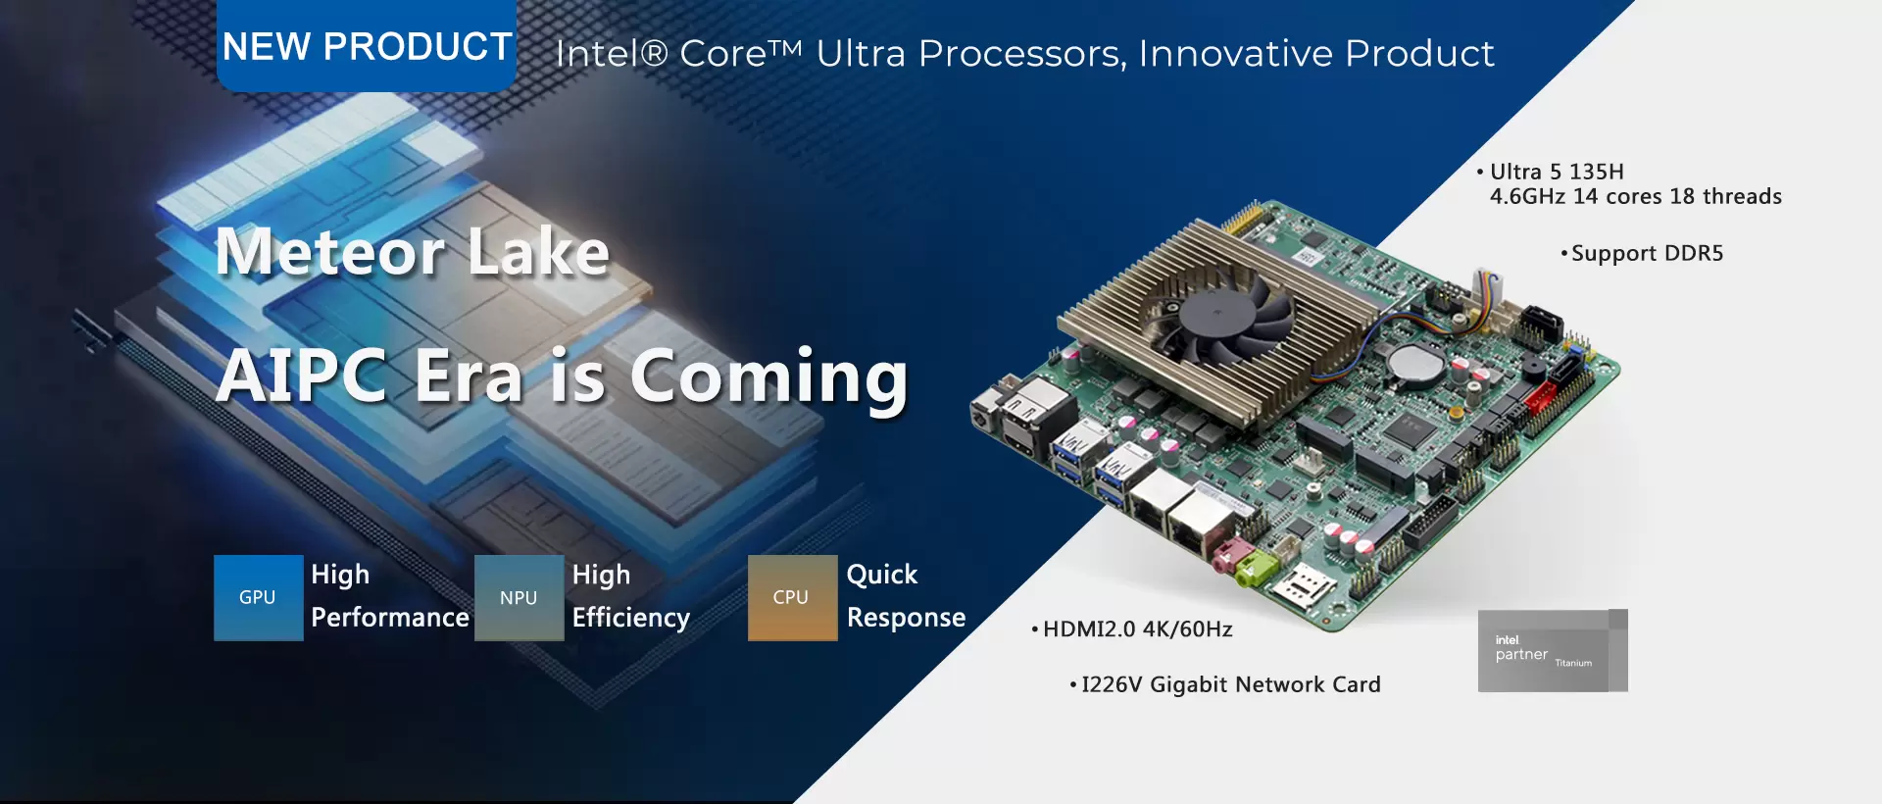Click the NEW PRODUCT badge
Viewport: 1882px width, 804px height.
(x=367, y=46)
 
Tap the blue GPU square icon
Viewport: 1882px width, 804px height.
(x=259, y=598)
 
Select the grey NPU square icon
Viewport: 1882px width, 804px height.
(x=520, y=598)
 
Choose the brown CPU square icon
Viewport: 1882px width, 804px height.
(x=792, y=598)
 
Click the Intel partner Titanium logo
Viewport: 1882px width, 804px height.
(x=1553, y=651)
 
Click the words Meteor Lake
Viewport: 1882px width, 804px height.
(x=412, y=252)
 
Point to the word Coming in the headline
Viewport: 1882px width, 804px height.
(x=768, y=377)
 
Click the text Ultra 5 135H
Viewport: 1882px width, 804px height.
(x=1557, y=172)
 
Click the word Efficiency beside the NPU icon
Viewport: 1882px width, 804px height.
(x=631, y=618)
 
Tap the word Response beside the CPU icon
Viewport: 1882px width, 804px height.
(x=906, y=618)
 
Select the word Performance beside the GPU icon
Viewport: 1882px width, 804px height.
(x=390, y=618)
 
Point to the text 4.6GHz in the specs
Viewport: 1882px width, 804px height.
(x=1527, y=196)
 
